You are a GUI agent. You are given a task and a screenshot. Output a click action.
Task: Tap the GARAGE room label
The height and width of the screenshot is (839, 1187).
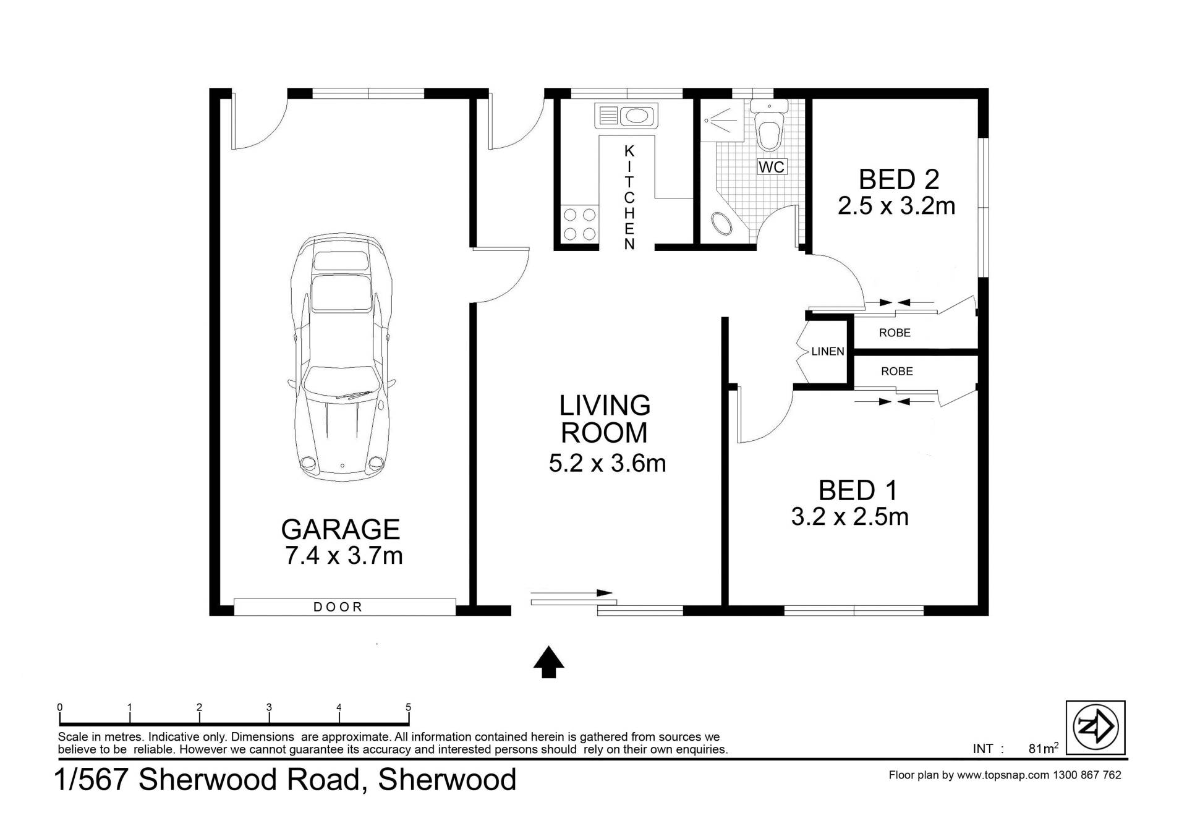pos(341,530)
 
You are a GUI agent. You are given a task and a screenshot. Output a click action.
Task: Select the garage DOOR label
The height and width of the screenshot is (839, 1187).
pos(338,607)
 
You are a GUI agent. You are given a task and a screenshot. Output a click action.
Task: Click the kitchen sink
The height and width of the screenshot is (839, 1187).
pos(626,116)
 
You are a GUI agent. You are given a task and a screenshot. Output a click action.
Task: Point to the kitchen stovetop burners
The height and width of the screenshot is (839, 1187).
pos(579,224)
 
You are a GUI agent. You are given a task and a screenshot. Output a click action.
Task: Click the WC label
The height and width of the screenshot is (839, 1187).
pos(771,167)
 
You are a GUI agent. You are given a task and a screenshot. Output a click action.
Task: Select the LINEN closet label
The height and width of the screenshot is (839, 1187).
pos(828,352)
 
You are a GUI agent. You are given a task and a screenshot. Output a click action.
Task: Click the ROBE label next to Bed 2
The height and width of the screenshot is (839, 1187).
pos(895,333)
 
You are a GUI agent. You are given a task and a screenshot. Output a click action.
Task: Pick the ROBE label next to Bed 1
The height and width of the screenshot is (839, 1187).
pos(896,372)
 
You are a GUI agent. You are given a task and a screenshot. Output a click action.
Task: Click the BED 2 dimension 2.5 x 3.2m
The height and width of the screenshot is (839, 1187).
pos(896,206)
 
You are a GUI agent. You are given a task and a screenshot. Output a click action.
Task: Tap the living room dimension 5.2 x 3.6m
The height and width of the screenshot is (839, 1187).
pos(607,463)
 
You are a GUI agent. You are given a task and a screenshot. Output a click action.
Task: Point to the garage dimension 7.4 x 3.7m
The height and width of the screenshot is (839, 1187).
pos(344,556)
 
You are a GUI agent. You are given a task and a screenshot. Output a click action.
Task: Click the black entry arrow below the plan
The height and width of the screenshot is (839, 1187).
pos(548,662)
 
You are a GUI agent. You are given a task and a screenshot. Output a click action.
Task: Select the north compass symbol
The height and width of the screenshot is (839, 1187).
pos(1096,727)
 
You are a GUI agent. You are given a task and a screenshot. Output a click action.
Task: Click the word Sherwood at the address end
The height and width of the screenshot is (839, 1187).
pos(447,780)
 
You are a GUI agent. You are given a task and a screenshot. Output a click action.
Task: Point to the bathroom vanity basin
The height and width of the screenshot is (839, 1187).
pos(721,224)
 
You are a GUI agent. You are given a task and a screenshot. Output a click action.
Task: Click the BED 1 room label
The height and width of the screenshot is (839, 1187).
pos(857,490)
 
